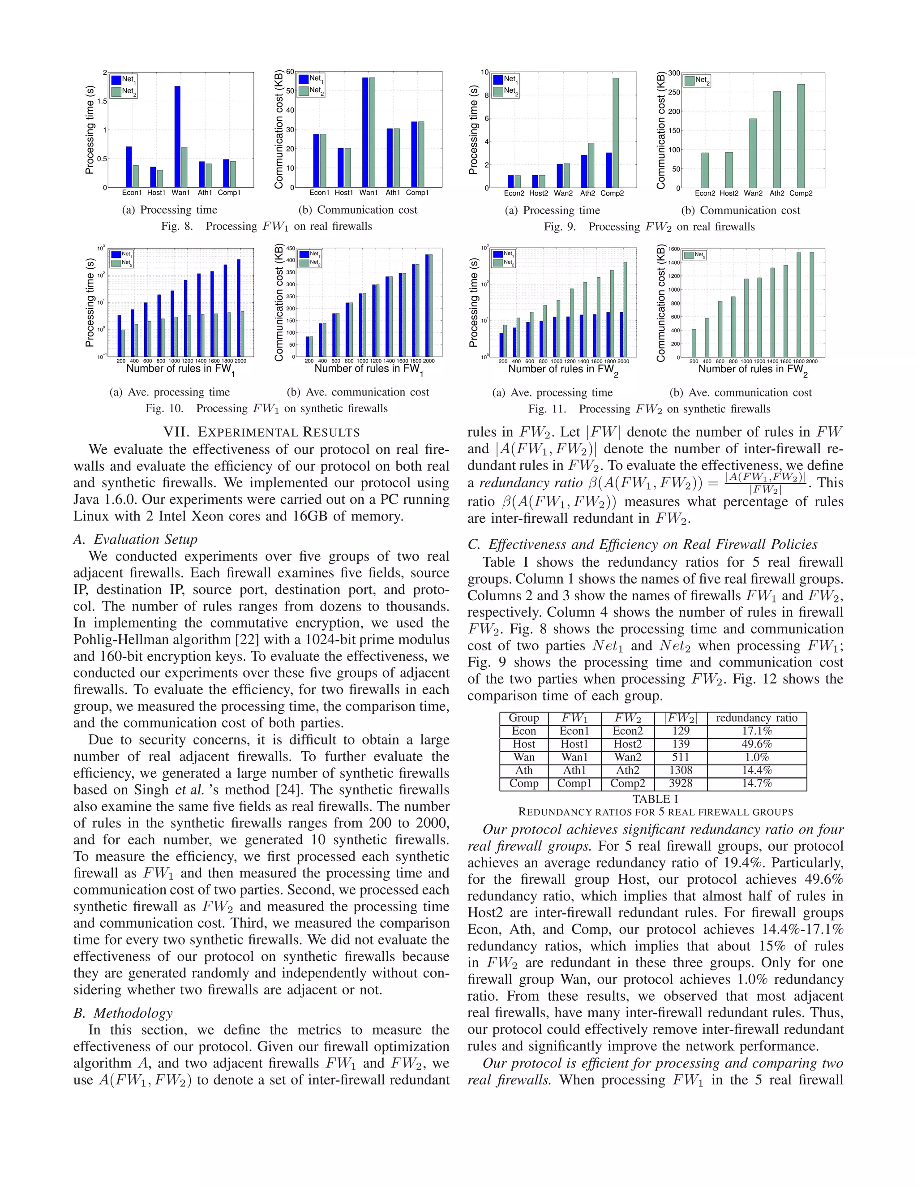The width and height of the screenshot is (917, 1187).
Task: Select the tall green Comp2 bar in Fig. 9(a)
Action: (616, 133)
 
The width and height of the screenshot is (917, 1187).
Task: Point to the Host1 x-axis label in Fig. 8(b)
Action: (343, 193)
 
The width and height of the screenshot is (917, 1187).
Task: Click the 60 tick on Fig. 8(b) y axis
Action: (290, 72)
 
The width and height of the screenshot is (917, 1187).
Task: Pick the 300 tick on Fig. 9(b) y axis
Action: (673, 73)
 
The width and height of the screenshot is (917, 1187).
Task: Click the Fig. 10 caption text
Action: (266, 408)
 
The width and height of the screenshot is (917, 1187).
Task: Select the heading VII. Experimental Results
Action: (261, 432)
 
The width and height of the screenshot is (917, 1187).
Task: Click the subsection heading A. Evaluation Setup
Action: (135, 539)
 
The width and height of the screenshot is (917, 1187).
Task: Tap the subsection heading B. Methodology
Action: (123, 1013)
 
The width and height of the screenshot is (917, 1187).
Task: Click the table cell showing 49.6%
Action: (757, 744)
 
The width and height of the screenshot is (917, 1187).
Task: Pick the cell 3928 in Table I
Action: (680, 783)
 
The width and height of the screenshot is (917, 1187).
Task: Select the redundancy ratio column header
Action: (757, 718)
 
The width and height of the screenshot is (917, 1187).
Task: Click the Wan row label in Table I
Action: (524, 757)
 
